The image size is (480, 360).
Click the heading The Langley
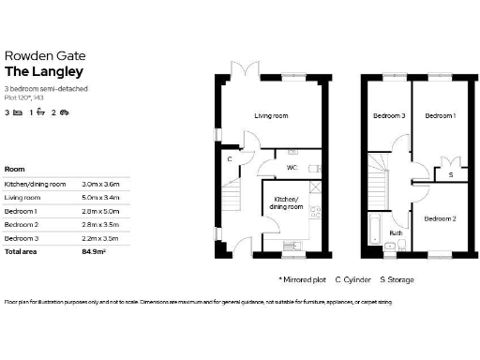click(44, 71)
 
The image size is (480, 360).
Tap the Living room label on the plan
click(271, 115)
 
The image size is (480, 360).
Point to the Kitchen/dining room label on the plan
click(287, 202)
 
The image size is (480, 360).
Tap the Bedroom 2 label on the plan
click(440, 217)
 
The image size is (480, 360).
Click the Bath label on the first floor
click(396, 232)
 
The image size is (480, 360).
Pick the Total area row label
click(22, 252)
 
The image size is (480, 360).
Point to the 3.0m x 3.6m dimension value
click(101, 185)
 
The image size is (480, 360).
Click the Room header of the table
click(15, 169)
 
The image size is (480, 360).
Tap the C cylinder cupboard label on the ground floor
click(230, 158)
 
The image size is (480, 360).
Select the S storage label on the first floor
click(450, 174)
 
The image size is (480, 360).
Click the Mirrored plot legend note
click(302, 279)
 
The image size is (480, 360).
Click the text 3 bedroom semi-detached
click(42, 88)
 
